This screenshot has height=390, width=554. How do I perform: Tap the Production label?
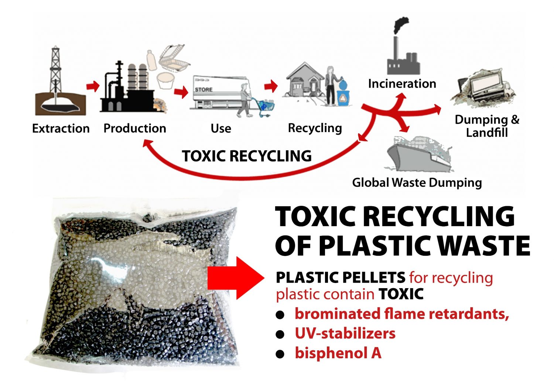coord(135,128)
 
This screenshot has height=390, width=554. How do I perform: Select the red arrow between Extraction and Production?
coord(93,86)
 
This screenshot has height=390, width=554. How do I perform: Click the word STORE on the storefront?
coord(204,89)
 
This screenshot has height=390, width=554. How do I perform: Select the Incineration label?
coord(402,83)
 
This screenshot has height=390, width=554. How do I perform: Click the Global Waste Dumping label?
coord(417,182)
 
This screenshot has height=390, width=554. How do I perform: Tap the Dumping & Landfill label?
coord(487,126)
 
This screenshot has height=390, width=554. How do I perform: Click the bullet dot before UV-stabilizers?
coord(281,334)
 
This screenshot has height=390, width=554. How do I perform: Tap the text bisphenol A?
coord(338,353)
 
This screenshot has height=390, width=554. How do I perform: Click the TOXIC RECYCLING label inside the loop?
coord(246,156)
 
